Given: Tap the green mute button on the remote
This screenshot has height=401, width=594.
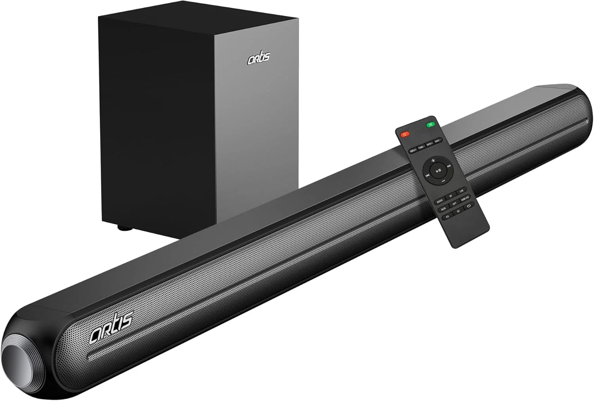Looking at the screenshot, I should tap(430, 125).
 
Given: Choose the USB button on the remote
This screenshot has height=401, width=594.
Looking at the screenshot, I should tap(461, 192).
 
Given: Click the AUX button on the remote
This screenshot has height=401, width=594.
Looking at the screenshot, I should tap(444, 208).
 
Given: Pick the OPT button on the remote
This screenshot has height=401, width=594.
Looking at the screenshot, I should tap(455, 204).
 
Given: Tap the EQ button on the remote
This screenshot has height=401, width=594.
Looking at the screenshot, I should tap(447, 217).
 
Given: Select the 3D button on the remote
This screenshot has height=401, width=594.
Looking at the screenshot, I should tap(458, 212).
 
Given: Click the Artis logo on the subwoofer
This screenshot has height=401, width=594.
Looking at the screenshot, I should tap(259, 58).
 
